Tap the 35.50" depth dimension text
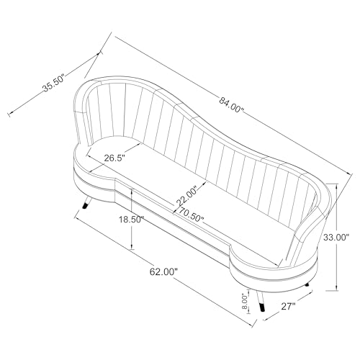55,84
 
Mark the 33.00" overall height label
336,236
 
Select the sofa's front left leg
87,202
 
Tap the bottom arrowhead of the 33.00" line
338,287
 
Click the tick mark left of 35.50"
9,114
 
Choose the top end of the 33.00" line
338,183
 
